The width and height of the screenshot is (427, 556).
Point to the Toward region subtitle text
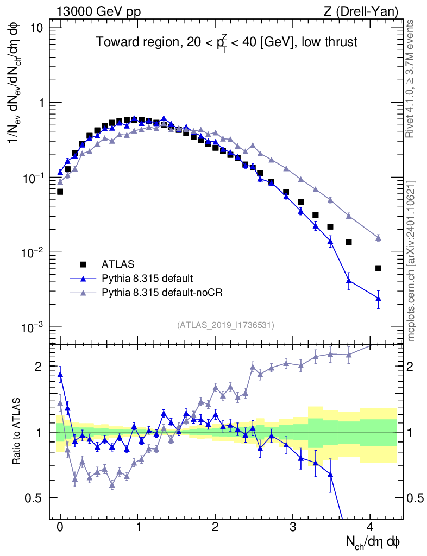227,43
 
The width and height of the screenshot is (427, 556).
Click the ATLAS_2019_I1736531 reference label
225,325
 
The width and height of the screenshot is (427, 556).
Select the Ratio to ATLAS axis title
18,431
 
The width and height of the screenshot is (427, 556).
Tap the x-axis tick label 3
293,526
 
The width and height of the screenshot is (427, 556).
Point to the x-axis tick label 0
60,526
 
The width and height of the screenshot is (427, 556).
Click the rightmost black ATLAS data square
378,268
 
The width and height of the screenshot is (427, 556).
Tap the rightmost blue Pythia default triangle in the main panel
378,298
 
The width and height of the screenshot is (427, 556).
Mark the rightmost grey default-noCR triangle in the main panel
378,238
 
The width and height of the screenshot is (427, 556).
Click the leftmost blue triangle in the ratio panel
60,374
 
